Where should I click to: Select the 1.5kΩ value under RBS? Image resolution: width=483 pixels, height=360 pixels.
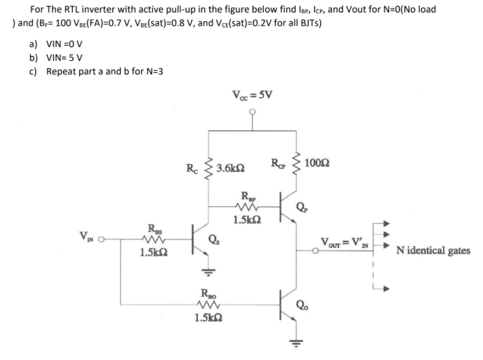pyautogui.click(x=151, y=253)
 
